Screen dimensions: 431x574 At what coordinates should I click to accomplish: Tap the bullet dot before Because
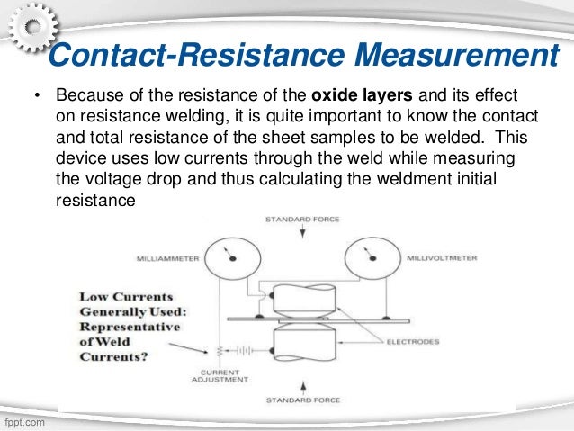(x=37, y=97)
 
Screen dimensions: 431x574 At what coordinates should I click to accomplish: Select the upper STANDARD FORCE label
(x=303, y=220)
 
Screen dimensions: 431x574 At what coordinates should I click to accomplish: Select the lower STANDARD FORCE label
(x=303, y=400)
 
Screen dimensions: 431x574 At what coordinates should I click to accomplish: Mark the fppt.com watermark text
(x=23, y=421)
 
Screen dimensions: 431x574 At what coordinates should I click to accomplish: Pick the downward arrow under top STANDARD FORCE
(x=303, y=232)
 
